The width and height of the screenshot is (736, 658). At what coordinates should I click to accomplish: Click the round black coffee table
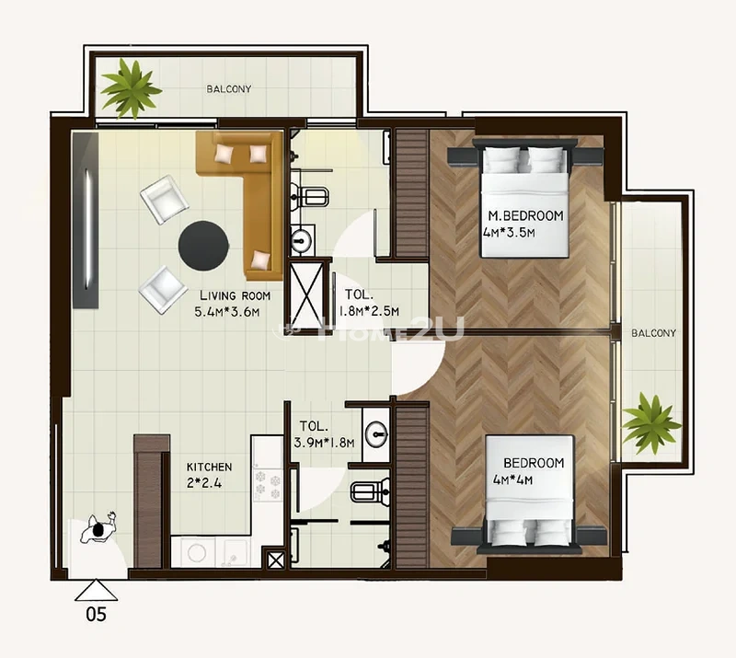coord(203,244)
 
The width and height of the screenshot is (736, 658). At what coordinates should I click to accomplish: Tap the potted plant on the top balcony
coord(130,88)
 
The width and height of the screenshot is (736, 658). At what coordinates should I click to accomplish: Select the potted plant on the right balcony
coord(651,422)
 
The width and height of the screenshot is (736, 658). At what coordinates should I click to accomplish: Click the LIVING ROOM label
coord(235,295)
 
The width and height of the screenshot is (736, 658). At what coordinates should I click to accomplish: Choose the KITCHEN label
coord(209,467)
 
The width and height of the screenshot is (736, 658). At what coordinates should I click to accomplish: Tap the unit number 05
coord(95,615)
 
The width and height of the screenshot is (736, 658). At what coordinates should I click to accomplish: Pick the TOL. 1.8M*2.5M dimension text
coord(371,311)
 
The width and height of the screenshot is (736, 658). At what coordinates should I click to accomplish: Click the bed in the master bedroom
coord(525,198)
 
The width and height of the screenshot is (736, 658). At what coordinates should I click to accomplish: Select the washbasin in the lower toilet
coord(374,432)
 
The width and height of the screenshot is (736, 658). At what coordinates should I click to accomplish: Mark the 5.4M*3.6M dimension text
coord(228,312)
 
